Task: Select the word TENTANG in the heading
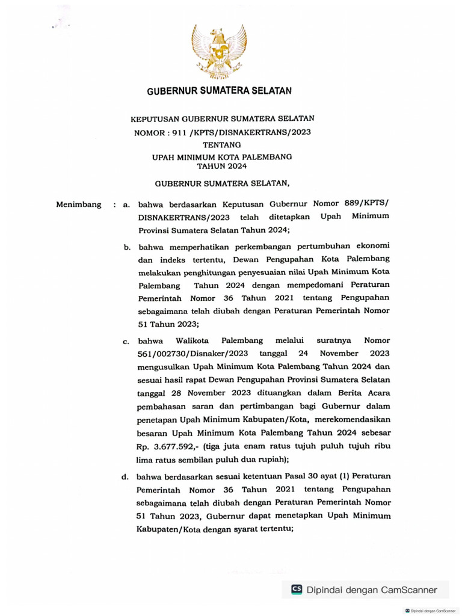[x=221, y=144]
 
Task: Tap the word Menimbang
[x=79, y=205]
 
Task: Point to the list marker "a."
[x=126, y=205]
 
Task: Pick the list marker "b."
[x=128, y=247]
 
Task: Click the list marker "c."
[x=126, y=342]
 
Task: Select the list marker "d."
[x=126, y=478]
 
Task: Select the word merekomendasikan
[x=356, y=419]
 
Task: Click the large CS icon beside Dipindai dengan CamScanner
[x=297, y=590]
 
